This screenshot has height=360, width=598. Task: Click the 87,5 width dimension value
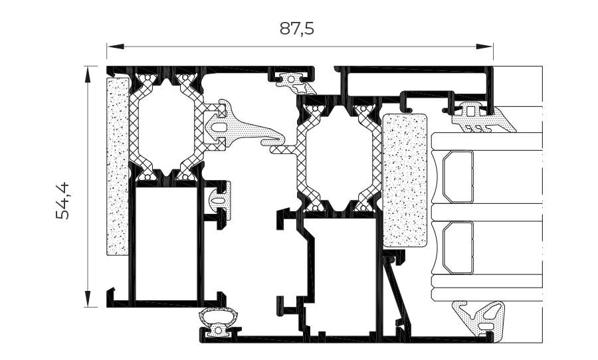pos(297,28)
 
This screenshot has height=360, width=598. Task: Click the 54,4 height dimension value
pos(63,201)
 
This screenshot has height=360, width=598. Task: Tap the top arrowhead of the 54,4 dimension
pos(88,74)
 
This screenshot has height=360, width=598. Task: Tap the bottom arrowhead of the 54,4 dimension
pos(88,299)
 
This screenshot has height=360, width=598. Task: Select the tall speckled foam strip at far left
pos(118,166)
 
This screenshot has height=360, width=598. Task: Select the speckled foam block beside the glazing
pos(405,180)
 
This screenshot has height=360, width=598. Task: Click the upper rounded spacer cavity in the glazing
pos(458,177)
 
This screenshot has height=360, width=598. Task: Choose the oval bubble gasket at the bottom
pos(219,321)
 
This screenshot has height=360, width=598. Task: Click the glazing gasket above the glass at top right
pos(480,118)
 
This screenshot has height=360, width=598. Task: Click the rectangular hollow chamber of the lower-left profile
pos(166,243)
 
